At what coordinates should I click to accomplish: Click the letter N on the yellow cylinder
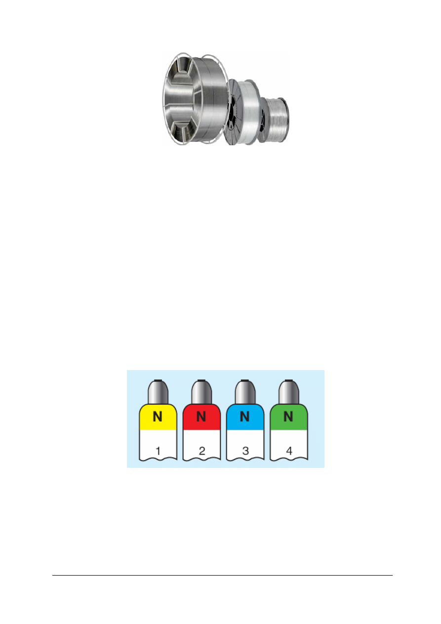click(158, 416)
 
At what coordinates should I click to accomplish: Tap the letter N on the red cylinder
click(201, 416)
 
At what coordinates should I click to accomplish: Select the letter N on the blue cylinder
click(245, 416)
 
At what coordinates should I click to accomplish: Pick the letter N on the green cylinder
click(288, 416)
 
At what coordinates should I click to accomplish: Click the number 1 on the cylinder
click(158, 451)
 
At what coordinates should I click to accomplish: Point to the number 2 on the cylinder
click(202, 451)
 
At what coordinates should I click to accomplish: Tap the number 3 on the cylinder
click(245, 451)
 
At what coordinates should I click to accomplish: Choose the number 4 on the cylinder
click(289, 451)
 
